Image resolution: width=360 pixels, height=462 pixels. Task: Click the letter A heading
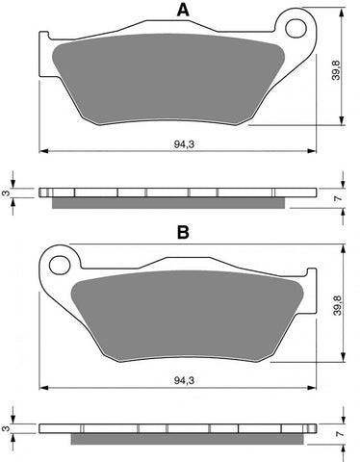coord(180,11)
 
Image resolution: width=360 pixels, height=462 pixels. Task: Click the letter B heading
coord(180,232)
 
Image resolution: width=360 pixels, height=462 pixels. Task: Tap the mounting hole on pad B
coord(61,261)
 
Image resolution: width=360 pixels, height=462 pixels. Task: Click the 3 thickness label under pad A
coord(6,193)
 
